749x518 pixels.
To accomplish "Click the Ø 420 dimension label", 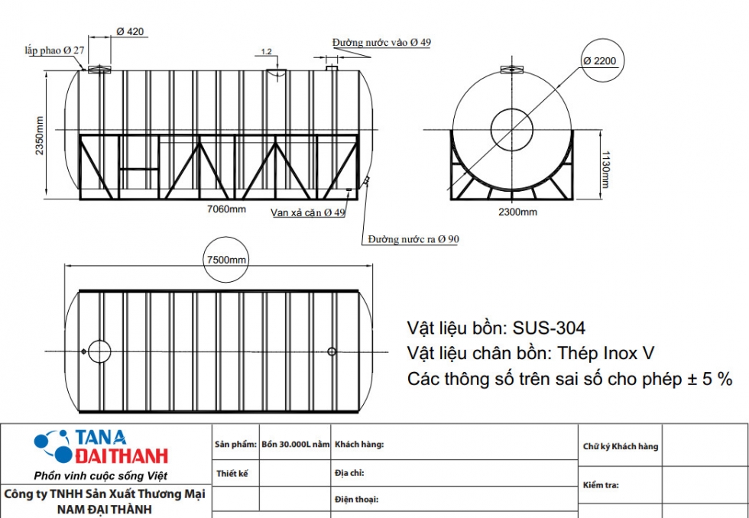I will click(x=130, y=31).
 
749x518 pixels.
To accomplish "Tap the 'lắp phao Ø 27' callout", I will click(x=54, y=50).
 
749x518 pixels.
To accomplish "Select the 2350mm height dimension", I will click(x=39, y=134).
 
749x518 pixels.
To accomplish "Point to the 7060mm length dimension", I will click(x=227, y=209).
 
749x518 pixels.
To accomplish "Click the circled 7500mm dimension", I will click(x=227, y=260).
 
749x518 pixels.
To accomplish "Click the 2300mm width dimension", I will click(x=518, y=212).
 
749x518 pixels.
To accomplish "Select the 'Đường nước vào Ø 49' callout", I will click(x=381, y=42).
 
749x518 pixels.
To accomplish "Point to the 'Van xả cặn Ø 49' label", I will click(x=308, y=212).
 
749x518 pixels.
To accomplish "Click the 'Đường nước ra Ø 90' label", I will click(x=413, y=239).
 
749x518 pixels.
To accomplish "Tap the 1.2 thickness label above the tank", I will click(x=266, y=52).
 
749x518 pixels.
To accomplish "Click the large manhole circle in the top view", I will click(x=99, y=351).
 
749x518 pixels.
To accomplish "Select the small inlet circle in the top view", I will click(x=332, y=351).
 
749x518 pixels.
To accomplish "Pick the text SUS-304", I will click(x=549, y=329).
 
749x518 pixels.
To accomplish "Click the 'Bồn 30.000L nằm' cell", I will click(x=295, y=444).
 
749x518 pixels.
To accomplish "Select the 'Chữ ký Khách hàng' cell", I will click(x=620, y=447).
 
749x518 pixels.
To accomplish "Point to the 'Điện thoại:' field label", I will click(x=356, y=500).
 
